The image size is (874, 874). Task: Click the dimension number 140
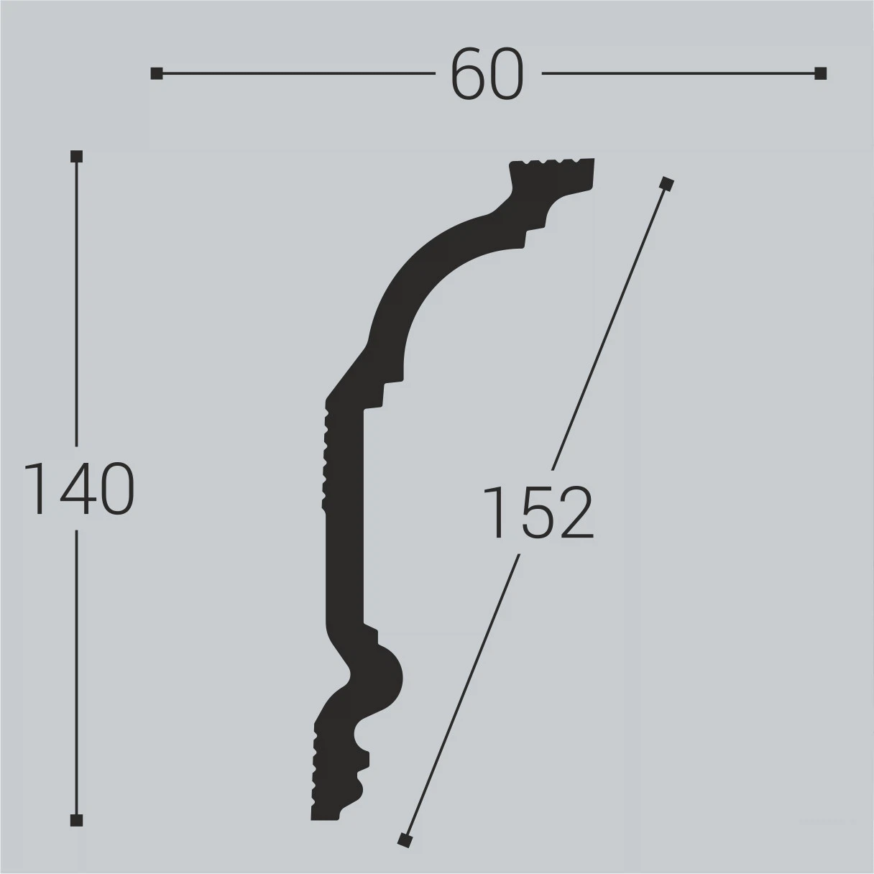[x=78, y=489]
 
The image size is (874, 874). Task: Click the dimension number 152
[x=538, y=512]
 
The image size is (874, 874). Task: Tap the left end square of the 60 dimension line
[x=157, y=73]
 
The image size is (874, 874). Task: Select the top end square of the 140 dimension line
[x=77, y=157]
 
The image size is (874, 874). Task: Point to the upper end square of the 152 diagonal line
[x=666, y=185]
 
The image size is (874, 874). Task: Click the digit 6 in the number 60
[x=468, y=73]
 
